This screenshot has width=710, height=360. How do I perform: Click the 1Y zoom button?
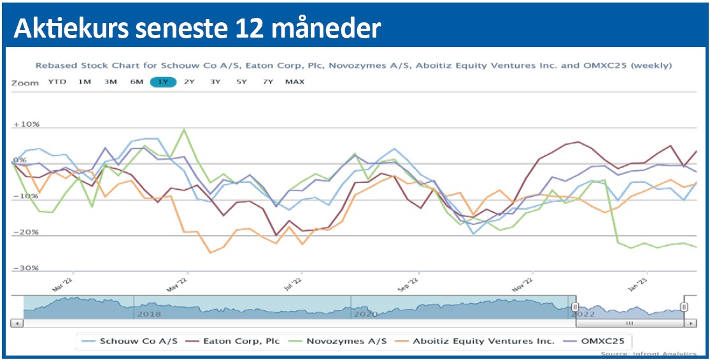point(162,82)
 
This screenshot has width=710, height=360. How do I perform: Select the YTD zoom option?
point(57,82)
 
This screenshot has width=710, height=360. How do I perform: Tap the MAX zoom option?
point(295,82)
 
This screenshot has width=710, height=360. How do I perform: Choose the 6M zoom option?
point(136,82)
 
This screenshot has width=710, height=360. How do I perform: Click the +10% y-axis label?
point(26,125)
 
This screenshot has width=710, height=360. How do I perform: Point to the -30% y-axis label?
point(26,268)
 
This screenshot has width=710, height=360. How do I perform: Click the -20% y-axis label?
point(26,233)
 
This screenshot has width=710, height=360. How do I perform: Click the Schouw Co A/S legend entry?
point(125,342)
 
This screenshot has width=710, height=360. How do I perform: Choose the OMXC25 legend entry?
point(599,342)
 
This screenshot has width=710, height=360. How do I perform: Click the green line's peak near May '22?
point(184,129)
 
